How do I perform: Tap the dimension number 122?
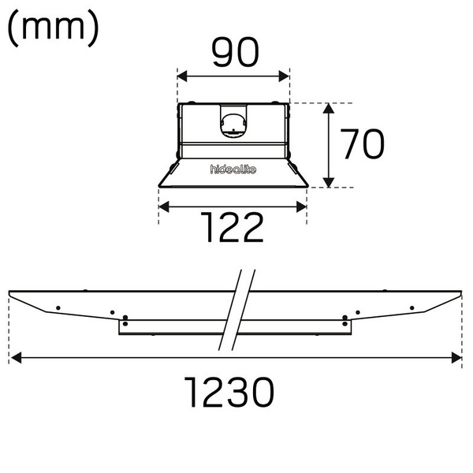click(x=231, y=228)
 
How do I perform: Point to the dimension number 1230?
click(x=230, y=391)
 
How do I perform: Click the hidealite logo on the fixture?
click(x=233, y=169)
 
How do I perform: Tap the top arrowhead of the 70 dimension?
click(x=330, y=107)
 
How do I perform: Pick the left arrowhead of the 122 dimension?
click(x=163, y=207)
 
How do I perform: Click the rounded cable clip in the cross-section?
click(x=233, y=123)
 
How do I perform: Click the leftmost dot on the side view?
click(x=58, y=307)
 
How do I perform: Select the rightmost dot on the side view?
click(x=412, y=307)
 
